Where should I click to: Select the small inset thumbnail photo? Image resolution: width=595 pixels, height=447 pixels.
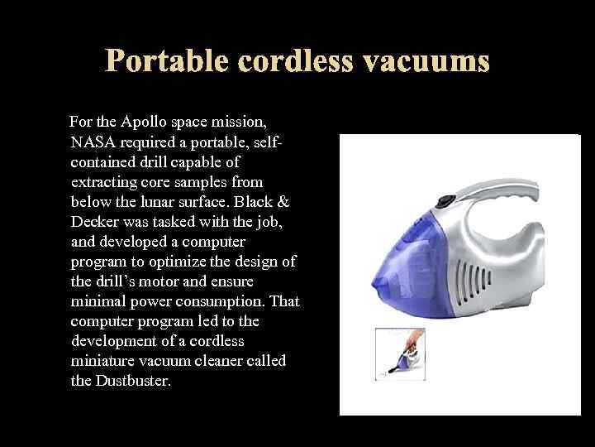click(400, 354)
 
